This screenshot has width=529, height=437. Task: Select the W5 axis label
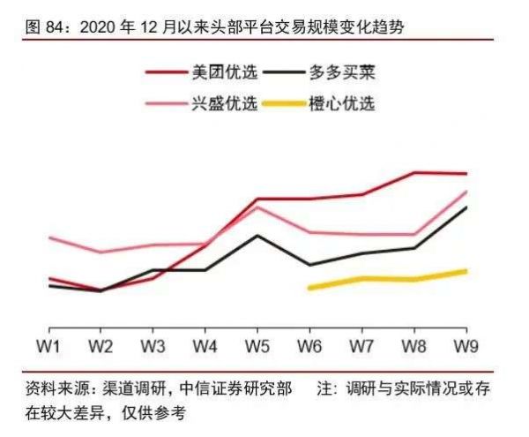coord(257,343)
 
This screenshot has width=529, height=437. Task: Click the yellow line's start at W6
coord(309,288)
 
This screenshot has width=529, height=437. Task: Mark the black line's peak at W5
coord(257,236)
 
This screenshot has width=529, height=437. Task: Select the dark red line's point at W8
coord(414,172)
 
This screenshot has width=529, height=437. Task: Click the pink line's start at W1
coord(49,237)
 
